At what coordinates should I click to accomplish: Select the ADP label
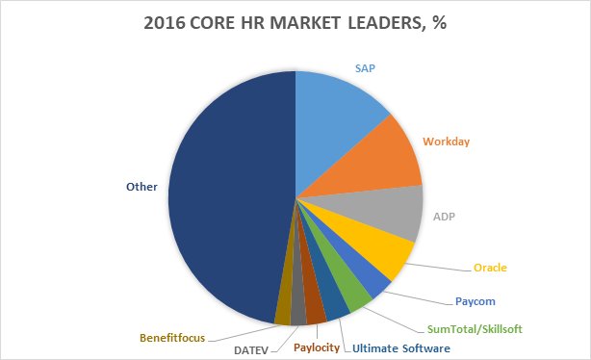[x=443, y=217]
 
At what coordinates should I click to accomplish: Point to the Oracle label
[x=490, y=267]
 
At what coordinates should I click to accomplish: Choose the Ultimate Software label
[x=401, y=347]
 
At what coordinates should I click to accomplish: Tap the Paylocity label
[x=317, y=347]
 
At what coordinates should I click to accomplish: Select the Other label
[x=143, y=188]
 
